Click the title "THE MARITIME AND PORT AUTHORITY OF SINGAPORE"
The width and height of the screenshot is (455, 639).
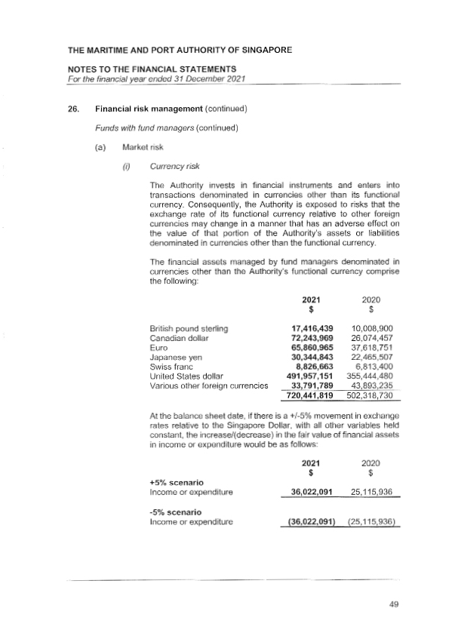pyautogui.click(x=180, y=51)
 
